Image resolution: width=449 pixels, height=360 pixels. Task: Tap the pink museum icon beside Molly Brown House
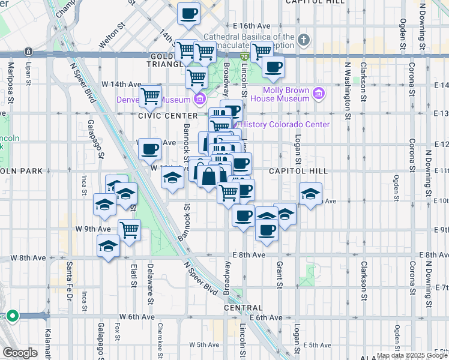(x=318, y=93)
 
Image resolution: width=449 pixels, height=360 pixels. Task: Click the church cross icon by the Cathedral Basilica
(x=304, y=40)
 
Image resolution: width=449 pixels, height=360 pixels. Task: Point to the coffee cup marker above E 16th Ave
(x=189, y=13)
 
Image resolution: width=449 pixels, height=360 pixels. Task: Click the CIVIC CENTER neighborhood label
(x=167, y=115)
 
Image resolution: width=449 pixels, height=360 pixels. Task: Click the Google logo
(x=20, y=353)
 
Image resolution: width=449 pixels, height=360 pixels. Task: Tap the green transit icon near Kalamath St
(x=12, y=316)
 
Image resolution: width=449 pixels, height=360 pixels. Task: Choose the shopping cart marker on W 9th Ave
(x=129, y=229)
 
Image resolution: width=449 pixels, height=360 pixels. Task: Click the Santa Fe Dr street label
(x=70, y=279)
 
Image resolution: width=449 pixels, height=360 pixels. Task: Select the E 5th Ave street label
(x=318, y=345)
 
